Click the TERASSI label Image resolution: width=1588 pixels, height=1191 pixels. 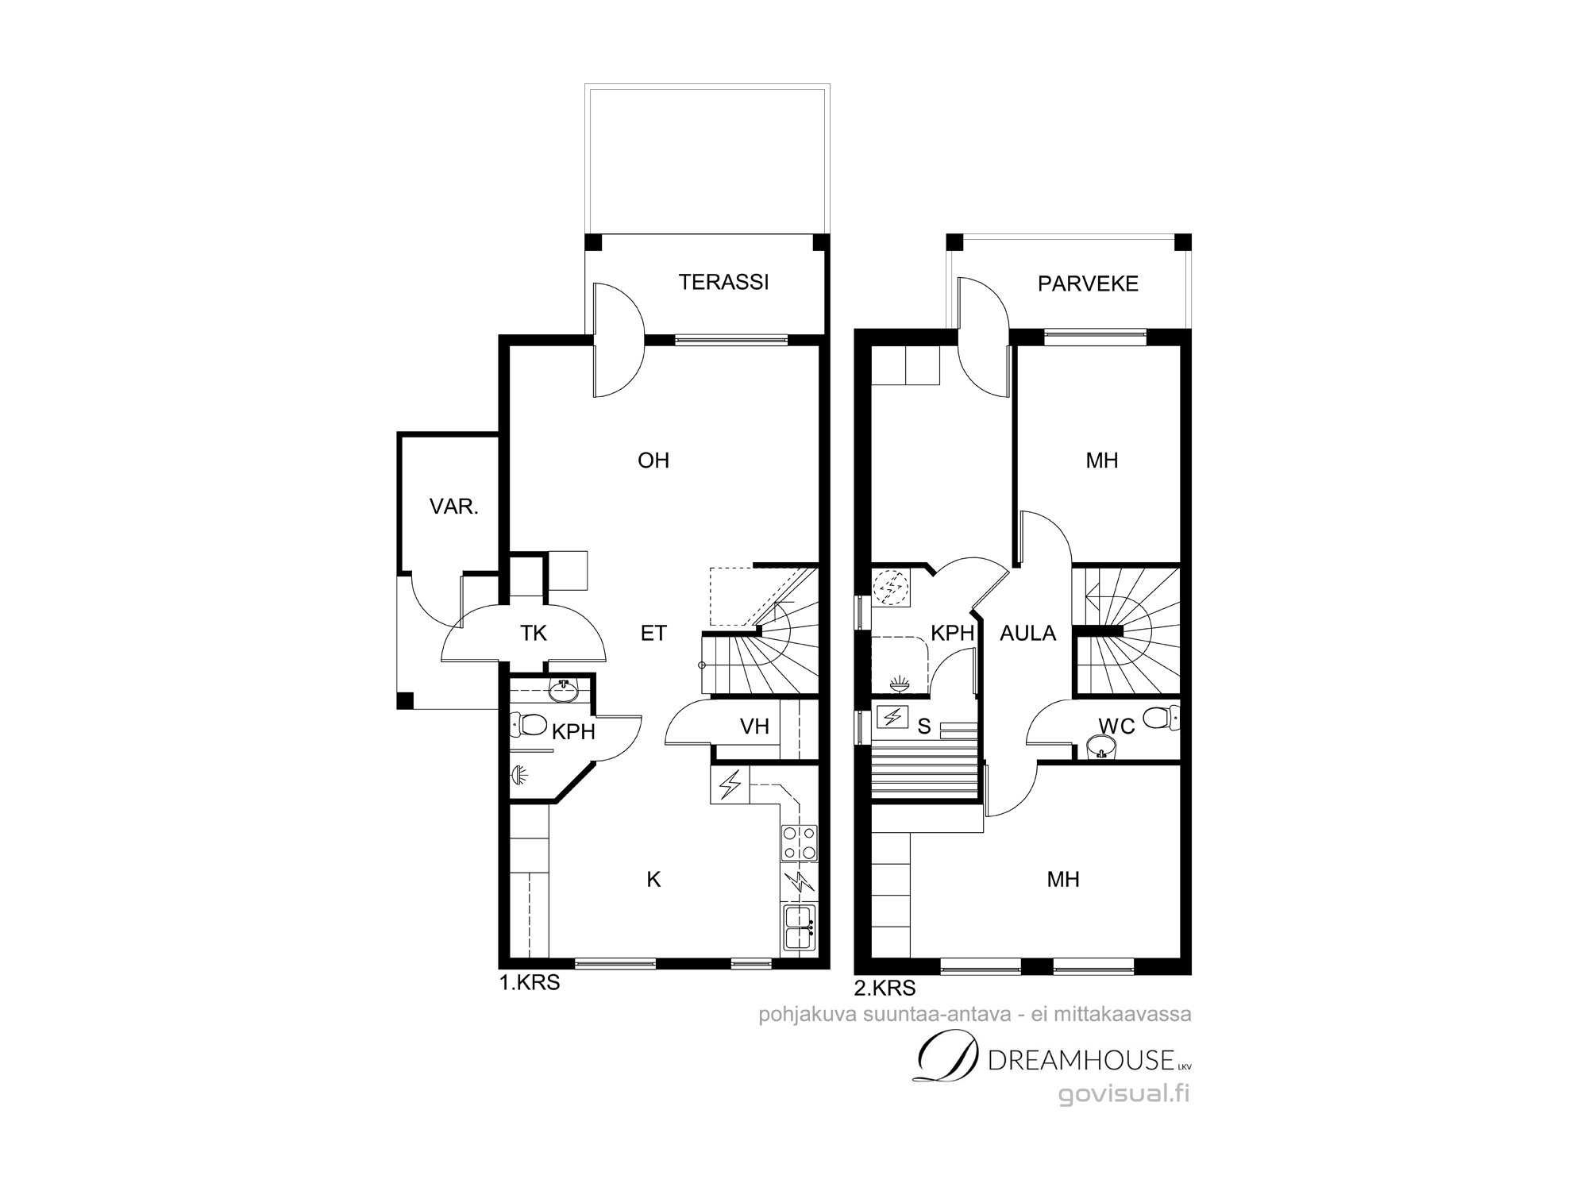click(723, 282)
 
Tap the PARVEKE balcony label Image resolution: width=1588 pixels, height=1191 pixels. click(1088, 283)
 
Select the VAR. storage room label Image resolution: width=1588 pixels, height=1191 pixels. click(453, 507)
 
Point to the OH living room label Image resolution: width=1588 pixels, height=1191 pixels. click(653, 461)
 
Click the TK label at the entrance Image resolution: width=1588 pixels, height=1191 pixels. click(534, 633)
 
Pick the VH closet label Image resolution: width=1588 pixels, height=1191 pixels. click(754, 726)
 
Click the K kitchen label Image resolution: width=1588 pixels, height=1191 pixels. click(653, 879)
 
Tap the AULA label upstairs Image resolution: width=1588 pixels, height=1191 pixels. click(1027, 633)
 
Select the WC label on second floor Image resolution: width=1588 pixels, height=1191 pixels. click(1116, 726)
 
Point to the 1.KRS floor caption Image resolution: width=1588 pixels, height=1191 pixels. click(529, 983)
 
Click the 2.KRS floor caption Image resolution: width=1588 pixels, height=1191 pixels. click(885, 988)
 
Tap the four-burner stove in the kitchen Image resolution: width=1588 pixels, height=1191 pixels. click(800, 842)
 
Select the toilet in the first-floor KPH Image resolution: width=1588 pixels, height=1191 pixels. click(529, 724)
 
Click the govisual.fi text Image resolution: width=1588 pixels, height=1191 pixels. click(1124, 1094)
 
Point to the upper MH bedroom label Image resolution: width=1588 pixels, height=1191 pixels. click(1102, 461)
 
